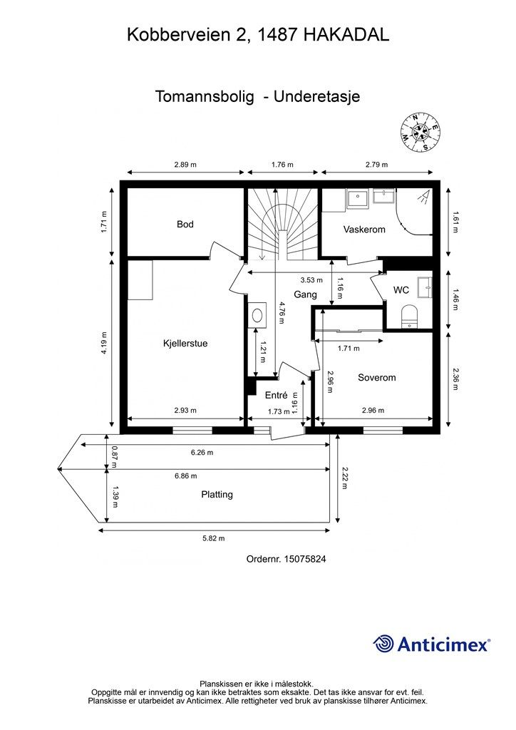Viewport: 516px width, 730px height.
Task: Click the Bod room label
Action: point(185,225)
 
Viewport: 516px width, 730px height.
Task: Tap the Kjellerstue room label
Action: point(185,344)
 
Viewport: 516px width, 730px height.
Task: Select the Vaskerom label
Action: point(364,230)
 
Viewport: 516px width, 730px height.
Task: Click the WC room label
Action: point(401,291)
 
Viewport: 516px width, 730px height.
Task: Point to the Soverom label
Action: point(377,378)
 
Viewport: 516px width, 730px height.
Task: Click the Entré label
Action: point(277,395)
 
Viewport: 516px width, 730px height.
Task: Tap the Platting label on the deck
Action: point(217,495)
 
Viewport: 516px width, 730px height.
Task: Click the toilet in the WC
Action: point(410,316)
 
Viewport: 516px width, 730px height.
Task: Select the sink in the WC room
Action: point(425,287)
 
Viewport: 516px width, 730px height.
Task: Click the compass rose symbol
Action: point(420,133)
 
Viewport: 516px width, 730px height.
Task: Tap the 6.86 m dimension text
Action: point(185,475)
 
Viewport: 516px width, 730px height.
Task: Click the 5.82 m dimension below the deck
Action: point(214,538)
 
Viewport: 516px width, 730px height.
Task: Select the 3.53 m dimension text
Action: point(311,279)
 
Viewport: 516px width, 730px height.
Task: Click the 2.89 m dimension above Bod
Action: point(185,165)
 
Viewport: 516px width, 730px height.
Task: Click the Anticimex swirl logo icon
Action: point(383,644)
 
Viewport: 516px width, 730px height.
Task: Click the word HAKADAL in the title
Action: point(346,35)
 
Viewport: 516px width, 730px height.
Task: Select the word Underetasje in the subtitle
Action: point(317,96)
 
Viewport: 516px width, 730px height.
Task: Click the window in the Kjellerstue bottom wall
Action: point(192,431)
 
